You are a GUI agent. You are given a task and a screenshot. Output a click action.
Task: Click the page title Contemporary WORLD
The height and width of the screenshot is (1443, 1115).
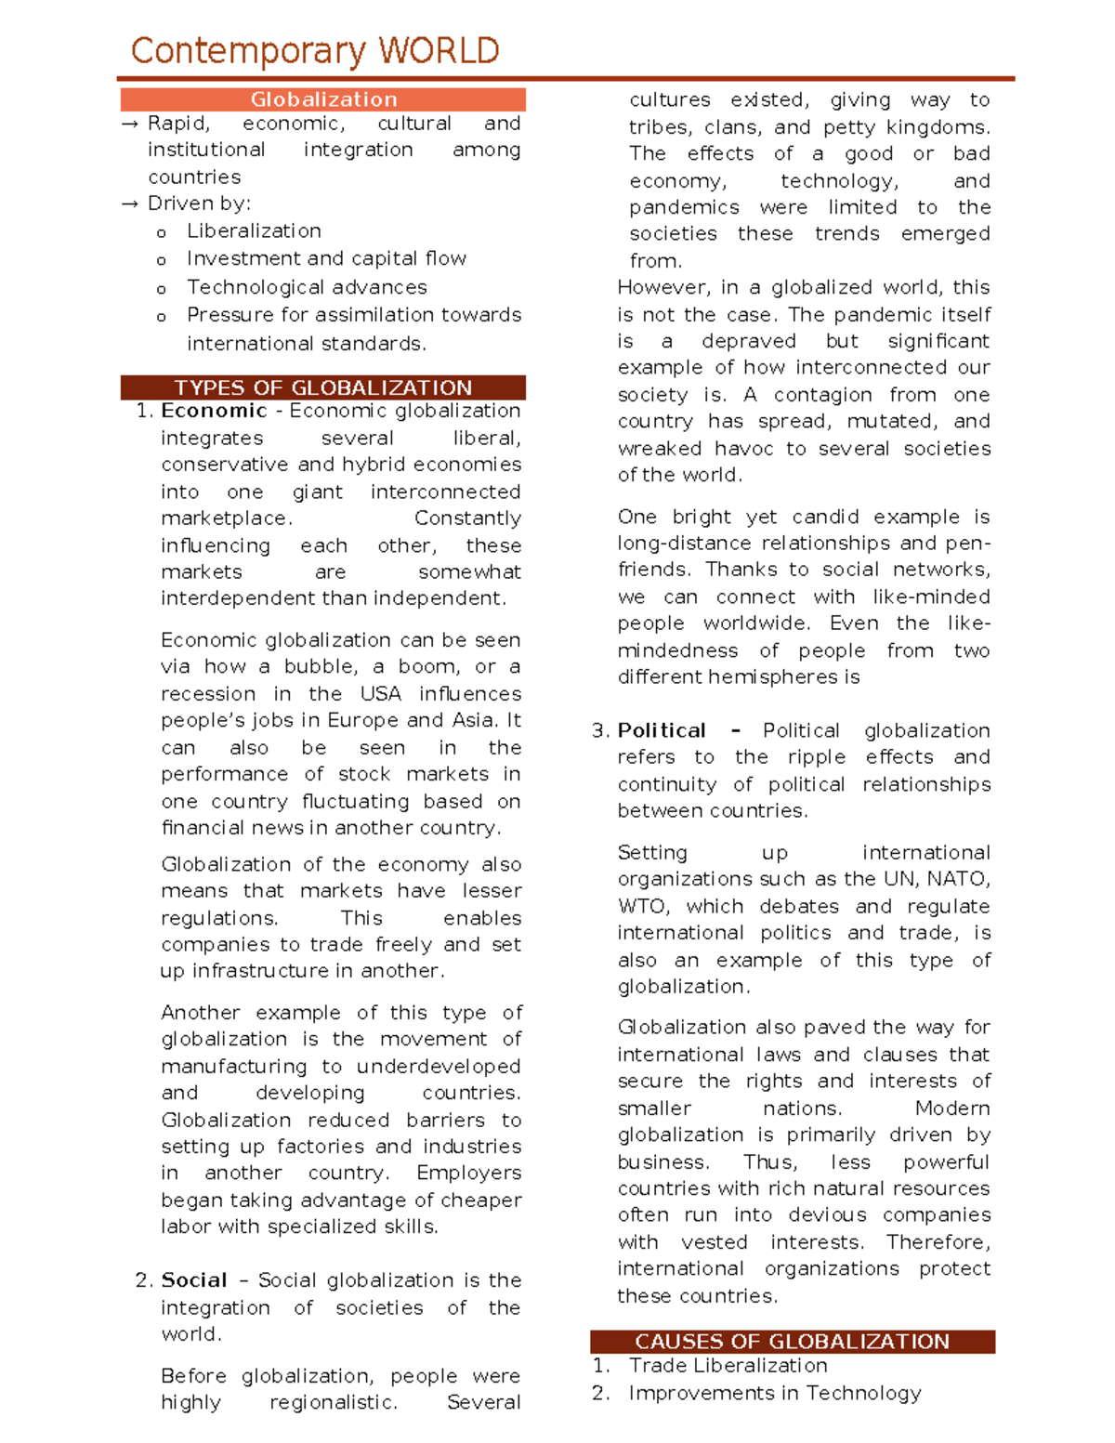point(315,51)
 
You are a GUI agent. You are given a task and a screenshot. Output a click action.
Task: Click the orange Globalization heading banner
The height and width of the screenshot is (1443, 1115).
point(323,99)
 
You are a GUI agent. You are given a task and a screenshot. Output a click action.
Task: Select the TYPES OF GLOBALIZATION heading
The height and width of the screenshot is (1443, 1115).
point(323,387)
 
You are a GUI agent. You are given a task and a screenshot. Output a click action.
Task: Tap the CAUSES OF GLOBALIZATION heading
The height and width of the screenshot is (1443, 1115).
point(792,1341)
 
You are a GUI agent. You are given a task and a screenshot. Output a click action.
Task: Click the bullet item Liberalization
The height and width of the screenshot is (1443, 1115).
point(254,231)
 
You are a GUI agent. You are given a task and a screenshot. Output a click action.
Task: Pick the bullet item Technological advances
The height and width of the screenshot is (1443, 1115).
point(307,287)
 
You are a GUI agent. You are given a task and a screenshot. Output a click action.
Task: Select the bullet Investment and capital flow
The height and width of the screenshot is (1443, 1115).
point(326,258)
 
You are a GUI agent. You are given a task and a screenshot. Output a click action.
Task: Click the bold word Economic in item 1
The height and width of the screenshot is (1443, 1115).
point(214,411)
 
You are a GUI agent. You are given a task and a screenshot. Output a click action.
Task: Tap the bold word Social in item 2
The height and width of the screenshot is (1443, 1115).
point(194,1280)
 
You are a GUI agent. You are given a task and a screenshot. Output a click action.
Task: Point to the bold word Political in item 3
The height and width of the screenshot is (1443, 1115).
point(662,730)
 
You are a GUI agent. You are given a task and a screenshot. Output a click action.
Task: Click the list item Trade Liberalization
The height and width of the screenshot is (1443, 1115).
point(728,1366)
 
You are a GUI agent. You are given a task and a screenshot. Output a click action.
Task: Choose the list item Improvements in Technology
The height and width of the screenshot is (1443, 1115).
point(774,1393)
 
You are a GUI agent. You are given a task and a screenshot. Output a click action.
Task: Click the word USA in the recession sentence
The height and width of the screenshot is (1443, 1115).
point(381,694)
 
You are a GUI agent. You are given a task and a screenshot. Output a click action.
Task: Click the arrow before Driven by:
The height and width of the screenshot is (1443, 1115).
point(130,204)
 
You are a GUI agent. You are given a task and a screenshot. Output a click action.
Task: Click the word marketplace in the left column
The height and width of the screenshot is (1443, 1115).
point(226,518)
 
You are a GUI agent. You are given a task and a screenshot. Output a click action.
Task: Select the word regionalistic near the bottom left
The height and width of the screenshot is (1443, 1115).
point(333,1402)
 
